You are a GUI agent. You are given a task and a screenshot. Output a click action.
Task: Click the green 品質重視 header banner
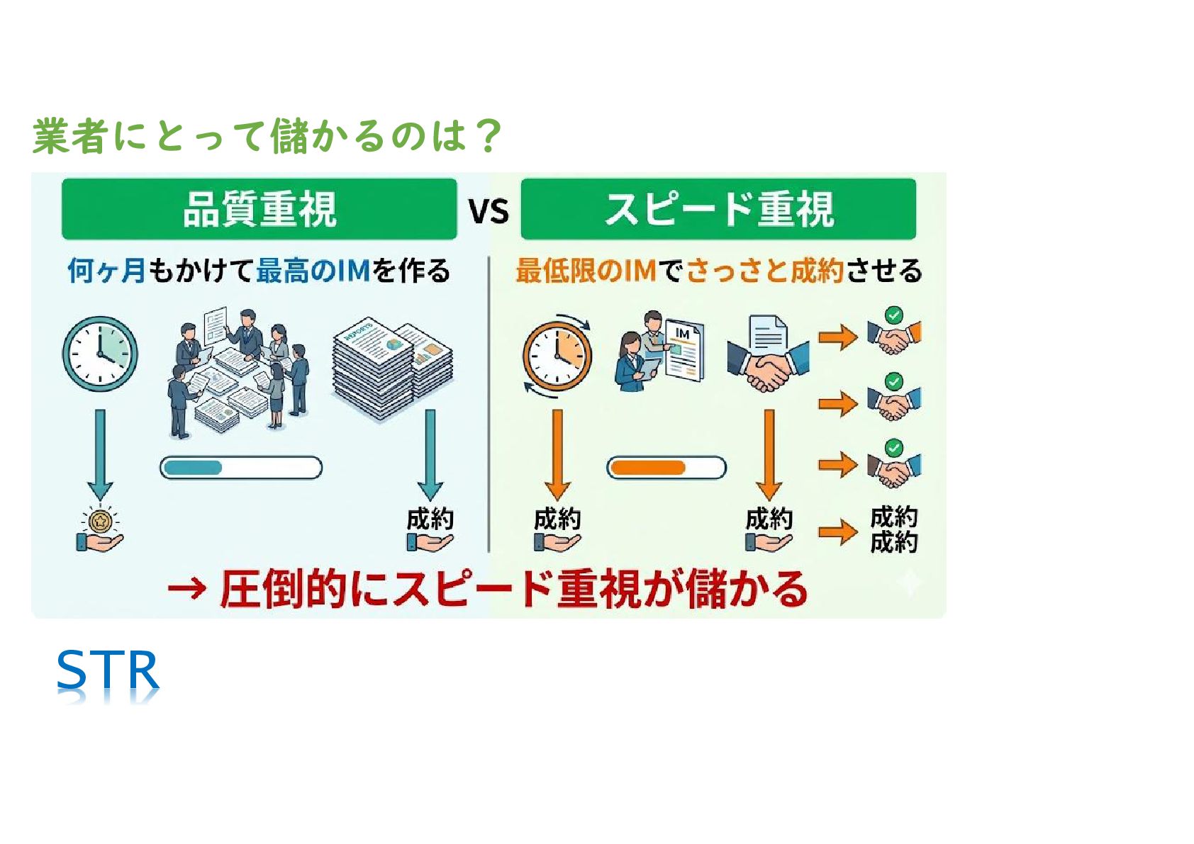pyautogui.click(x=259, y=209)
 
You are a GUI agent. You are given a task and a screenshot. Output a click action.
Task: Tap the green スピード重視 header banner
pyautogui.click(x=718, y=209)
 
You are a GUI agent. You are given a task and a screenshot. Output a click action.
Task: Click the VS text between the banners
pyautogui.click(x=489, y=211)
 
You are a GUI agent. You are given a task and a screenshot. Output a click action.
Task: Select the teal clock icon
pyautogui.click(x=100, y=354)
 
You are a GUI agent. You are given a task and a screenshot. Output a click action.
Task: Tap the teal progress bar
pyautogui.click(x=241, y=468)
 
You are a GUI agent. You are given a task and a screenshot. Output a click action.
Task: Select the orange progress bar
pyautogui.click(x=666, y=468)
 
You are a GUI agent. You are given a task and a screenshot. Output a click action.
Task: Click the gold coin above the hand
pyautogui.click(x=100, y=522)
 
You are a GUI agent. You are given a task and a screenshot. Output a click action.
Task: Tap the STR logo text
pyautogui.click(x=108, y=671)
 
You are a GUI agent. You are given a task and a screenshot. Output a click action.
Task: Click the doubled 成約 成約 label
pyautogui.click(x=893, y=529)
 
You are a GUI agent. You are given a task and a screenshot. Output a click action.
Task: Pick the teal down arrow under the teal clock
pyautogui.click(x=100, y=454)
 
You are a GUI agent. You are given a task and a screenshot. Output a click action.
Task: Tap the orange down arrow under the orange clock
pyautogui.click(x=557, y=454)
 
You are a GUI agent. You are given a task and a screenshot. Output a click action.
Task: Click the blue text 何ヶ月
pyautogui.click(x=106, y=271)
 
